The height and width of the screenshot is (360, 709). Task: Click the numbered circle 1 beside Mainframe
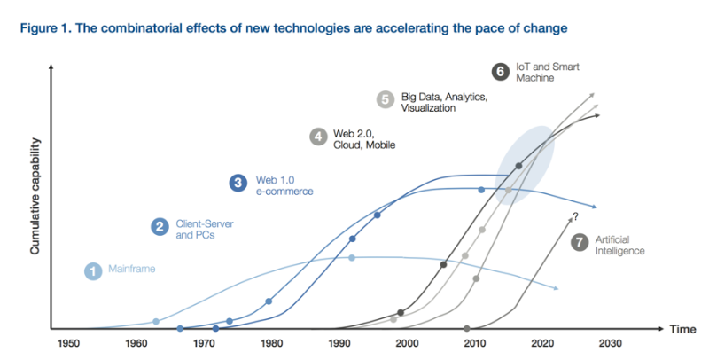pyautogui.click(x=92, y=271)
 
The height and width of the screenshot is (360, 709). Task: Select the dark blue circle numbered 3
pyautogui.click(x=238, y=183)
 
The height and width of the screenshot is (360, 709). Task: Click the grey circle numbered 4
pyautogui.click(x=318, y=137)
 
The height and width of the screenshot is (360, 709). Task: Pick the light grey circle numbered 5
pyautogui.click(x=385, y=99)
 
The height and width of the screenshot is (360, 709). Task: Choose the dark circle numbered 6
pyautogui.click(x=499, y=71)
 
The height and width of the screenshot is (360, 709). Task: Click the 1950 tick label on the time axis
pyautogui.click(x=69, y=343)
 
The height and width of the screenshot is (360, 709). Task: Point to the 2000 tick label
pyautogui.click(x=407, y=343)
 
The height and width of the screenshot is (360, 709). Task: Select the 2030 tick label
pyautogui.click(x=610, y=343)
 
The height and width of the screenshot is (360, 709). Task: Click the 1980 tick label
pyautogui.click(x=272, y=343)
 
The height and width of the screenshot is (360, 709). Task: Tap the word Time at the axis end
pyautogui.click(x=682, y=330)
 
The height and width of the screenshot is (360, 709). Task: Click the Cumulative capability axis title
pyautogui.click(x=35, y=196)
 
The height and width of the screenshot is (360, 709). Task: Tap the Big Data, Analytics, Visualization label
pyautogui.click(x=440, y=102)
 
